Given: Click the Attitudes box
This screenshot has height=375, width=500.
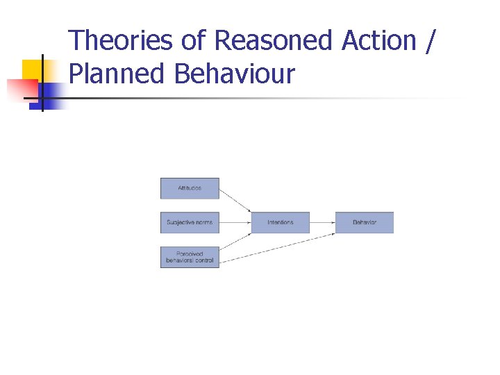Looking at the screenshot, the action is coord(190,189).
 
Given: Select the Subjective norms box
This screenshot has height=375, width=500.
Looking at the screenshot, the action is coord(190,222).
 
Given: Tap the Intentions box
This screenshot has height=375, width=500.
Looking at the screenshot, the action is coord(281,222).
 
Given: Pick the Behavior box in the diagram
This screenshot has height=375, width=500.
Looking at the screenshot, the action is coord(365,222).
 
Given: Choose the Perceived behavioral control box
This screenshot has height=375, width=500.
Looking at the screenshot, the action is coord(190,257).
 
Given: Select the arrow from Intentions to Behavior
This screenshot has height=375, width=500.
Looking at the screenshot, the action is coord(322,222).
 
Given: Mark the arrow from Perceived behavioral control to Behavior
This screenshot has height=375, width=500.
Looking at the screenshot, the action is coord(278,247).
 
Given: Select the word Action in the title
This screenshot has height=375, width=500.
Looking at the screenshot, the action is coord(378,40).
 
